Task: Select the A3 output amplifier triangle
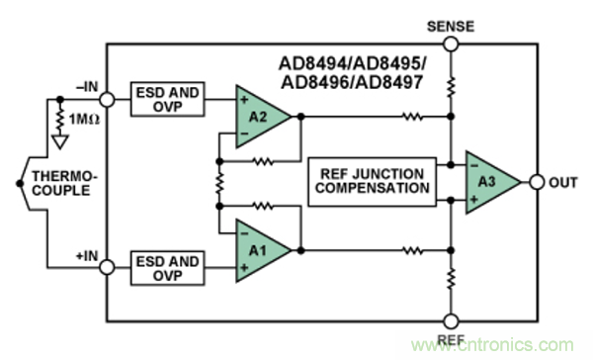tap(489, 182)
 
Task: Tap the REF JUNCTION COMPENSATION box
tap(373, 182)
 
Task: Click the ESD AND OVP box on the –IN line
tap(168, 99)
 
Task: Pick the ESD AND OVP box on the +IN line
tap(168, 268)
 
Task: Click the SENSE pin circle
tap(451, 44)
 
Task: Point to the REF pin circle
tap(451, 321)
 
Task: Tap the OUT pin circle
tap(537, 182)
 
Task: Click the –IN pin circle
tap(107, 100)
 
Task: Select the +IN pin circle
tap(107, 267)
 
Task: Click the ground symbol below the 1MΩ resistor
tap(60, 141)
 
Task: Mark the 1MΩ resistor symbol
tap(60, 119)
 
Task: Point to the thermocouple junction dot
tap(20, 184)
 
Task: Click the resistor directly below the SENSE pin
tap(451, 87)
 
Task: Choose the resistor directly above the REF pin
tap(451, 278)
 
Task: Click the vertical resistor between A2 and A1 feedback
tap(219, 184)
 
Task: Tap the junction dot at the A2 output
tap(300, 117)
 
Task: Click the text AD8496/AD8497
tap(352, 82)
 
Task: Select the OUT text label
tap(563, 182)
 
